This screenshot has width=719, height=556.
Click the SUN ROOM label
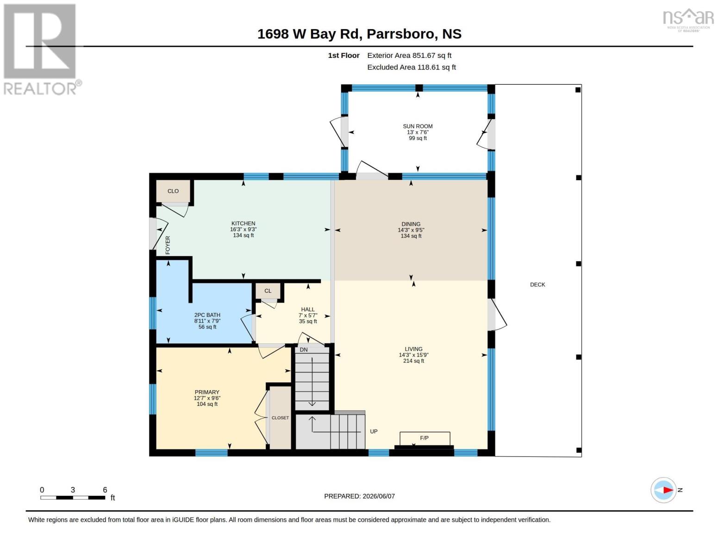coord(418,126)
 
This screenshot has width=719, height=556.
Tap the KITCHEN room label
coord(243,223)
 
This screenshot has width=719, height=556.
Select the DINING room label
coord(411,224)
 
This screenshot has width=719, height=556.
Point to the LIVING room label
coord(413,349)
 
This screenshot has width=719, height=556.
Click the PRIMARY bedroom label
coord(207,392)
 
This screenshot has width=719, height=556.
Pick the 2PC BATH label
coord(207,315)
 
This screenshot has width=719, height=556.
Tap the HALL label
coord(308,310)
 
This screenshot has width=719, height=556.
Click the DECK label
coord(538,284)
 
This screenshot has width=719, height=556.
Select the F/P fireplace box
coord(425,438)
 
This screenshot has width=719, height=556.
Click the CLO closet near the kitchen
coord(173,191)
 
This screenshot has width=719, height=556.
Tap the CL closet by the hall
coord(268,291)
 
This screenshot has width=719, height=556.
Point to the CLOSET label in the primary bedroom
coord(280,418)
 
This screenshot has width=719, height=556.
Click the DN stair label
coord(303,350)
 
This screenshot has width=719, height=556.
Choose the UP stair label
coord(374,431)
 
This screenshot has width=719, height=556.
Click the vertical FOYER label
coord(168,245)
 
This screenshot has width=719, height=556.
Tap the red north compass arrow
coord(668,490)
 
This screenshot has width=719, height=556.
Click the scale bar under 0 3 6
coord(73,498)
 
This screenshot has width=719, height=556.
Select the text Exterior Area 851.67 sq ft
coord(409,56)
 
